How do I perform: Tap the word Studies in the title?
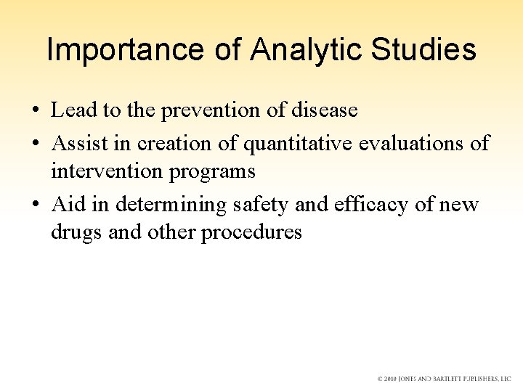[x=424, y=49]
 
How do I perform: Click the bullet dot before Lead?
[x=36, y=111]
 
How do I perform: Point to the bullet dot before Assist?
[x=36, y=144]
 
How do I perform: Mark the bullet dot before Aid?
[x=36, y=205]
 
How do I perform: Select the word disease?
[x=323, y=110]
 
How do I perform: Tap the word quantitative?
[x=299, y=143]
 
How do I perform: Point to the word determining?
[x=172, y=205]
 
